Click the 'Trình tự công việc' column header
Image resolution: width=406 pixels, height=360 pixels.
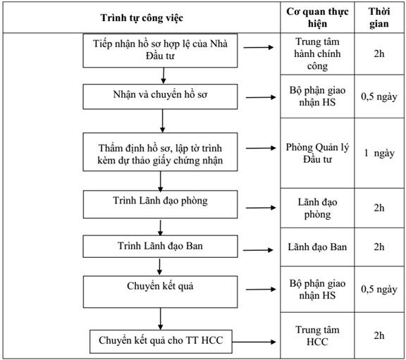pos(142,18)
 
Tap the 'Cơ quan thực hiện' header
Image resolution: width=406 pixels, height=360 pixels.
pos(317,18)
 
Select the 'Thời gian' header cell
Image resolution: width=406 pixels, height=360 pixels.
pos(379,18)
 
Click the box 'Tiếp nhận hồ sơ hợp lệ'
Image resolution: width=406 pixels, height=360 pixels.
pos(160,51)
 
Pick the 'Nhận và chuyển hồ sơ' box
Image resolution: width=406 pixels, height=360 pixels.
pos(160,97)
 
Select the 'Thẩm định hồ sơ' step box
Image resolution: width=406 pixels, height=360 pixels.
pos(160,152)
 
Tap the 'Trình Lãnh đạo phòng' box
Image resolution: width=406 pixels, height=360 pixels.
pos(160,204)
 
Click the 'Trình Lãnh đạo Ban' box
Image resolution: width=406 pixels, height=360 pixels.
pos(160,247)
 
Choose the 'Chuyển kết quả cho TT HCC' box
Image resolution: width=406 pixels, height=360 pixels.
pos(161,342)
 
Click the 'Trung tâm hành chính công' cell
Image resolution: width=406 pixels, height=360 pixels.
pos(317,54)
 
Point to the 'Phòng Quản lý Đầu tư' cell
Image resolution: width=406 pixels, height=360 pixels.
pos(317,153)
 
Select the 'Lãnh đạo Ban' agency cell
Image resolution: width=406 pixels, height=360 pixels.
pos(317,247)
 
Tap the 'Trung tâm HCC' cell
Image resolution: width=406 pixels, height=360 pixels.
pos(317,335)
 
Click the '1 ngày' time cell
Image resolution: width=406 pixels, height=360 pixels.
pos(379,153)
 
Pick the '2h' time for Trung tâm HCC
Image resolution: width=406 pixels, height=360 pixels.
pos(379,335)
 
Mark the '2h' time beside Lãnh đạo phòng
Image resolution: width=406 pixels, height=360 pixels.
pos(379,208)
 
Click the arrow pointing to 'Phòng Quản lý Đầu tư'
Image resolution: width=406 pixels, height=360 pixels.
pos(261,148)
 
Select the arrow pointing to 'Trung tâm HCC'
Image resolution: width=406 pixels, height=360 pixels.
pos(254,342)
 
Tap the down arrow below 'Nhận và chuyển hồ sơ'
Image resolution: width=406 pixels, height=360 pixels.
pos(162,121)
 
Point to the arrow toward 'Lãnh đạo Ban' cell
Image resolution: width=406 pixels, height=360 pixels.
pos(258,250)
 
